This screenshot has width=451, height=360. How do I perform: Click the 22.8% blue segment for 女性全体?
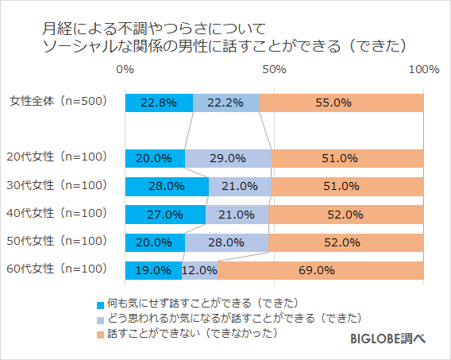tap(159, 103)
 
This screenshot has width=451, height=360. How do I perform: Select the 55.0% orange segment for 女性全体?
tap(341, 103)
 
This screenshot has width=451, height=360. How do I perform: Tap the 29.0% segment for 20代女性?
tap(228, 158)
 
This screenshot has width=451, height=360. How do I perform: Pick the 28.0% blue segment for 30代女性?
tap(167, 186)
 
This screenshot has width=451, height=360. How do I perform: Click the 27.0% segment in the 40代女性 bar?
tap(165, 214)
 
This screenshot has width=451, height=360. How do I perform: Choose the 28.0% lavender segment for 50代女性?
tap(226, 242)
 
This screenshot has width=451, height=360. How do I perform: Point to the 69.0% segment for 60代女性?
tap(320, 269)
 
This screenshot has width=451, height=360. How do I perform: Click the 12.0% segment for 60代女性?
tap(199, 269)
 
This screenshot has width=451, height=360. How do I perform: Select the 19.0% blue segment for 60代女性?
tap(153, 269)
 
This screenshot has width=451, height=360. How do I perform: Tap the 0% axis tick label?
tap(125, 70)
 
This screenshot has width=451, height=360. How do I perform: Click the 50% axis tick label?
tap(274, 70)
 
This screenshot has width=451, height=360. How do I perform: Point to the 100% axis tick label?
tap(423, 70)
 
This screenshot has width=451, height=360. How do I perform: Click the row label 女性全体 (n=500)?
tap(57, 102)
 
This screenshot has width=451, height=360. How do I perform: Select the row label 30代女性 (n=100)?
tap(57, 185)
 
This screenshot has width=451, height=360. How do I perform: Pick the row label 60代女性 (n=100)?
tap(57, 269)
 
